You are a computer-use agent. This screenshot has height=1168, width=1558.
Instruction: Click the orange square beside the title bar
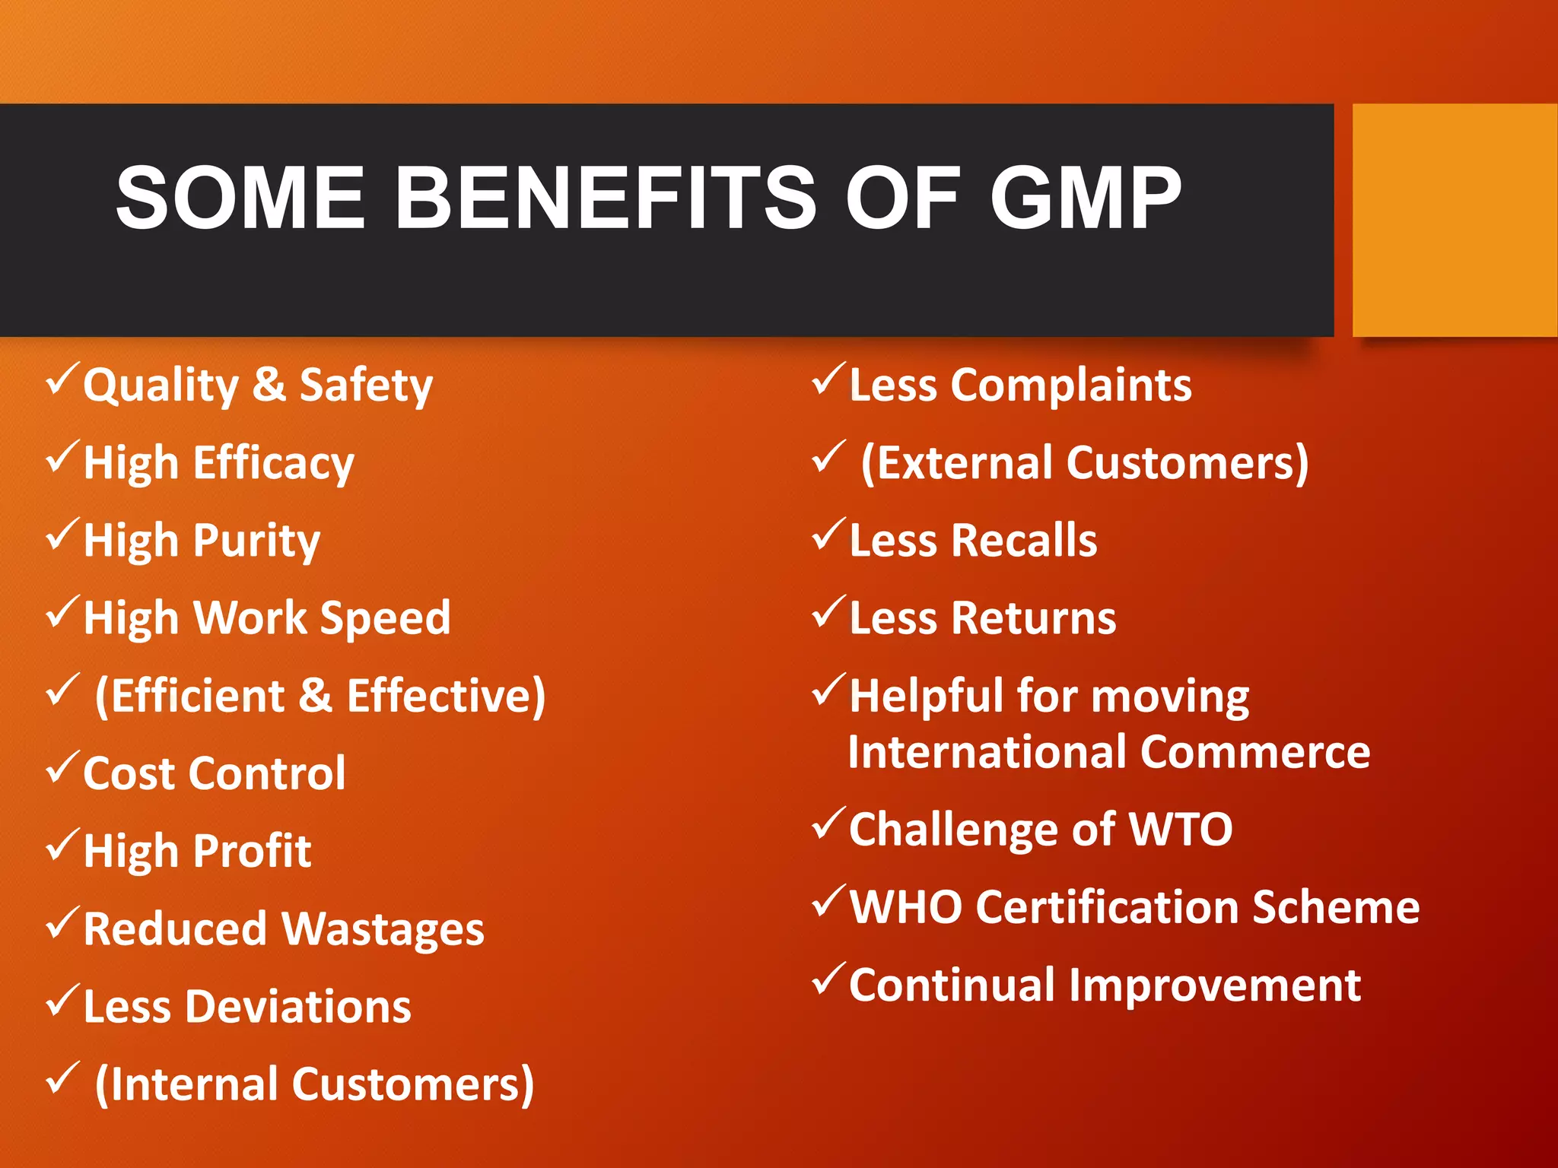click(x=1455, y=220)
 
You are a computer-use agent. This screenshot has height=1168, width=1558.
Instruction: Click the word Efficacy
click(x=273, y=464)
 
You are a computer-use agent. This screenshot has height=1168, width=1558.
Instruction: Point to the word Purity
click(x=256, y=541)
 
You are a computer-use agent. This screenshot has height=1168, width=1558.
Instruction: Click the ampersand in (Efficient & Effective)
click(x=315, y=695)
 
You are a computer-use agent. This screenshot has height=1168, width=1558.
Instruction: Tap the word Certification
click(x=1108, y=907)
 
